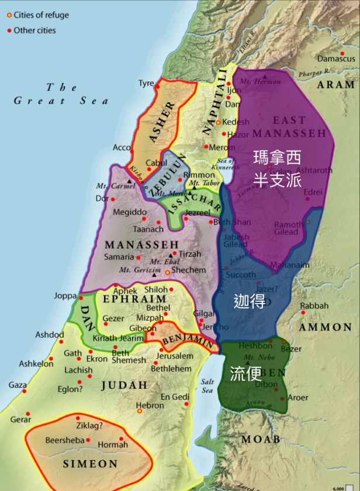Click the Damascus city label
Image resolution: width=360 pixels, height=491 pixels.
pos(336,59)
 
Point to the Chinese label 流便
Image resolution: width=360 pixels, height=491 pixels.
pos(245,374)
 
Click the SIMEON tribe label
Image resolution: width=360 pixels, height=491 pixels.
pos(90,464)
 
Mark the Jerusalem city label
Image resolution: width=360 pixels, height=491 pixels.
pos(175,356)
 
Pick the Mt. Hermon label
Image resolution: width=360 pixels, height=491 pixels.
pos(265,82)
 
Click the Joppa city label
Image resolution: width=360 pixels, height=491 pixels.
pos(65,296)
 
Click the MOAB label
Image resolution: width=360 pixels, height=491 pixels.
pos(261,439)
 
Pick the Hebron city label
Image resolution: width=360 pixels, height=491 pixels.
pos(150,405)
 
